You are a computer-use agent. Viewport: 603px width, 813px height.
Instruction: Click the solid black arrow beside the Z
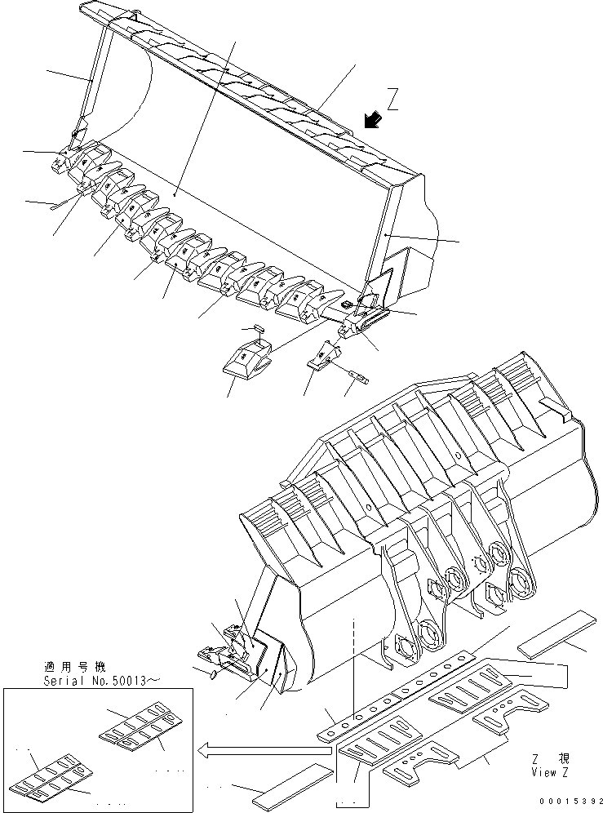(x=374, y=120)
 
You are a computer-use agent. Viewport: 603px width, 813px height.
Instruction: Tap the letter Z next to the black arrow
(x=392, y=101)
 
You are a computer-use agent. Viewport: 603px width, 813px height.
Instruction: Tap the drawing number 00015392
(x=567, y=802)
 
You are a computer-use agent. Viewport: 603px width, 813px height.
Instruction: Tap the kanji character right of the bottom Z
(x=564, y=758)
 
